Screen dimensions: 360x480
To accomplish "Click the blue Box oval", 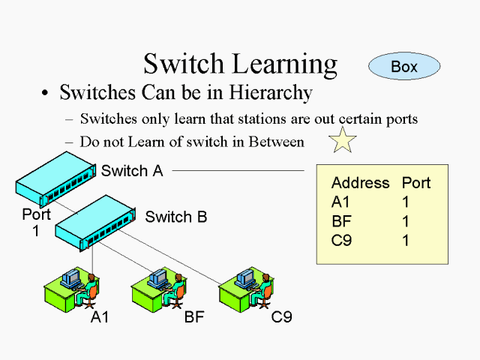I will point(403,67).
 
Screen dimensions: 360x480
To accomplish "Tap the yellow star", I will point(343,140).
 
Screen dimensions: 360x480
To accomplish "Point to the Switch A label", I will point(132,170).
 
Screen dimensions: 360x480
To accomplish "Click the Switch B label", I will point(175,217).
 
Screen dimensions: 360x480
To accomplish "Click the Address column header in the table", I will point(360,183).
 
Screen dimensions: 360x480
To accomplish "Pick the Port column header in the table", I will point(416,183).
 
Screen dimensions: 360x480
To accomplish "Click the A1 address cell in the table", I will point(340,202).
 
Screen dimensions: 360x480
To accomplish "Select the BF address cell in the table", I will point(340,222).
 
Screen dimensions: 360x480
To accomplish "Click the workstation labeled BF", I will point(159,286).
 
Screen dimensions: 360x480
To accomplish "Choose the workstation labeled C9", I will point(246,286).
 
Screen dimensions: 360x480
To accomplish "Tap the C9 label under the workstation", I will point(281,316).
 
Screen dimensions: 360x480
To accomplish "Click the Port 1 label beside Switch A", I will point(36,222).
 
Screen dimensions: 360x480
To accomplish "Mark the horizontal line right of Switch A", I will point(238,170).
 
